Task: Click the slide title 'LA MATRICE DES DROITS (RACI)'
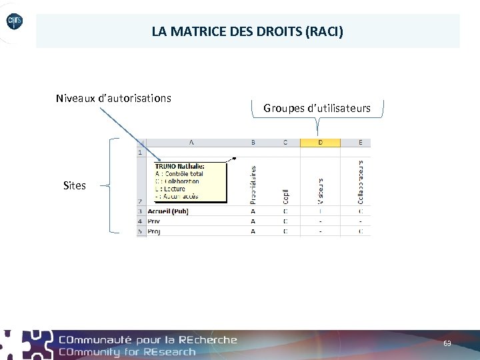[x=247, y=31]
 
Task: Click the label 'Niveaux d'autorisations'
[x=113, y=99]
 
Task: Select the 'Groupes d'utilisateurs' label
[x=317, y=108]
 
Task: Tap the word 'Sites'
[x=75, y=186]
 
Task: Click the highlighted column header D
[x=320, y=142]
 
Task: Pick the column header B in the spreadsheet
[x=253, y=142]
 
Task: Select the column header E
[x=361, y=142]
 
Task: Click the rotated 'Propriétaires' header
[x=253, y=185]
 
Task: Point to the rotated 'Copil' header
[x=285, y=195]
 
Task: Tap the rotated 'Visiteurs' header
[x=321, y=191]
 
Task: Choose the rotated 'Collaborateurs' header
[x=361, y=181]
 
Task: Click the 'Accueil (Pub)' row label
[x=167, y=211]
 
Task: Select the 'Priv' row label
[x=153, y=221]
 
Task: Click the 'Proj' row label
[x=154, y=231]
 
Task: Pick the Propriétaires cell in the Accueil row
[x=253, y=211]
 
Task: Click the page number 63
[x=447, y=343]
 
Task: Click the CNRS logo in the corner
[x=15, y=22]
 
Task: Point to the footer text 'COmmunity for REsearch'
[x=127, y=352]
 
